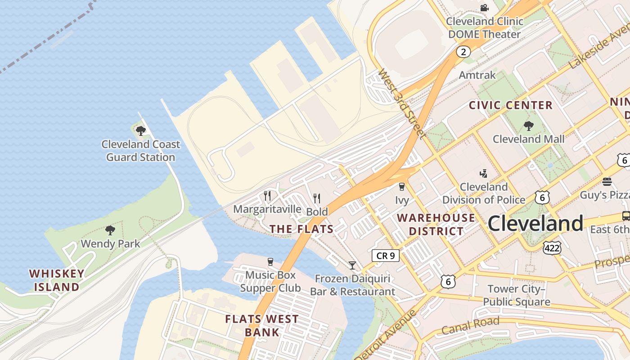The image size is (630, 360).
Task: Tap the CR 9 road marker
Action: coord(386,256)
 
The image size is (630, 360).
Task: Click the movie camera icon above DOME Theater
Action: coord(484,8)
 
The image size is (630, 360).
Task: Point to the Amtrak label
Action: coord(477,75)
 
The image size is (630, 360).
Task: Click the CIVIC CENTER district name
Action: coord(511,105)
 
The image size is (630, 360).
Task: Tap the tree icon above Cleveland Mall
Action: coord(528,126)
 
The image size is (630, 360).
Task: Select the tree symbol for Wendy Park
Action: coord(110,230)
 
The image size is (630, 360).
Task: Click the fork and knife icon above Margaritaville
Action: coord(267,196)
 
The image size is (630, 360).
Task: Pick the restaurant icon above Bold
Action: coord(317,198)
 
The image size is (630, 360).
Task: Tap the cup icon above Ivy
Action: coord(402,187)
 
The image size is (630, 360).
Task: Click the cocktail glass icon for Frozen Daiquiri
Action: coord(352,265)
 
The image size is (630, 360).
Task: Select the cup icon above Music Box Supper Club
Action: coord(270,262)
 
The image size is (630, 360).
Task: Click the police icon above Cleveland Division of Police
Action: coord(484,173)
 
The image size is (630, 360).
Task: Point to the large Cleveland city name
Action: coord(535,223)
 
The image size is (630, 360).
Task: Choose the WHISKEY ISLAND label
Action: coord(57,280)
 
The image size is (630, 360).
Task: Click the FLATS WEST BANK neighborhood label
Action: coord(261,326)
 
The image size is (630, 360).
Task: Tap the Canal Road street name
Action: coord(470,326)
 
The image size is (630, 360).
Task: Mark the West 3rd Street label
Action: coord(401,103)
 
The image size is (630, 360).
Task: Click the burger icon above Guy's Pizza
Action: coord(607,182)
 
